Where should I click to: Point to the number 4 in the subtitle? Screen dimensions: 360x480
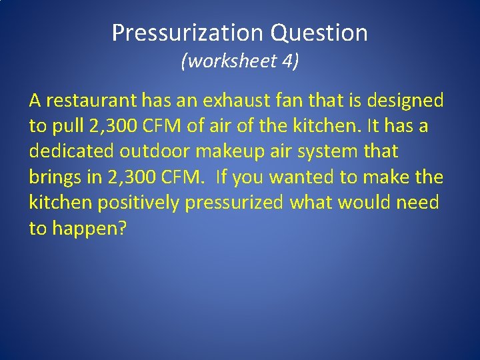pyautogui.click(x=288, y=62)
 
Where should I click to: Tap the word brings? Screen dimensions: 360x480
pyautogui.click(x=55, y=177)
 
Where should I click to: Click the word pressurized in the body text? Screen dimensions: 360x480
pyautogui.click(x=235, y=202)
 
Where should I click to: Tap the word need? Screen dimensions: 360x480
pyautogui.click(x=418, y=202)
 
